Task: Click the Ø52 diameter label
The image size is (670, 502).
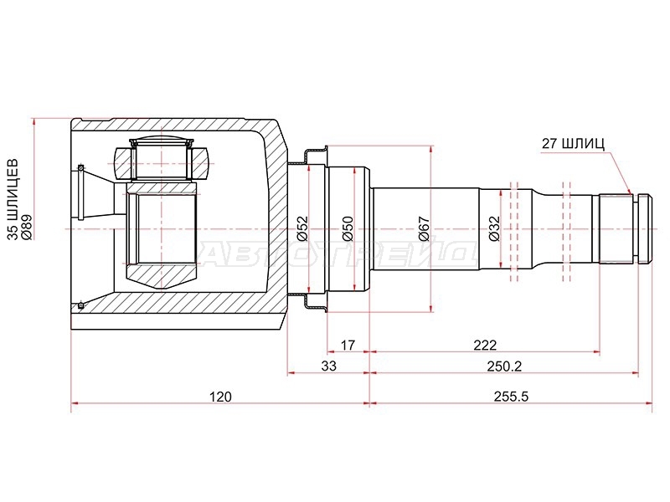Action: click(302, 228)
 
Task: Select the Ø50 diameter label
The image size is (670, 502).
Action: click(348, 228)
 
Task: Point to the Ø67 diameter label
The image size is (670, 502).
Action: click(424, 228)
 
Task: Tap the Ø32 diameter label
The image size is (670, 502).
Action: click(494, 228)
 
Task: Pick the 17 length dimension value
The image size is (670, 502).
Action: click(348, 345)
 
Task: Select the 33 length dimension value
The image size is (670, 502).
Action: click(328, 366)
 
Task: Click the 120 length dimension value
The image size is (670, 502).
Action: click(220, 397)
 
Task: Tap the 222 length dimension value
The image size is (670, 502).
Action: click(485, 345)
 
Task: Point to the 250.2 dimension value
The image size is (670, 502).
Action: click(504, 366)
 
